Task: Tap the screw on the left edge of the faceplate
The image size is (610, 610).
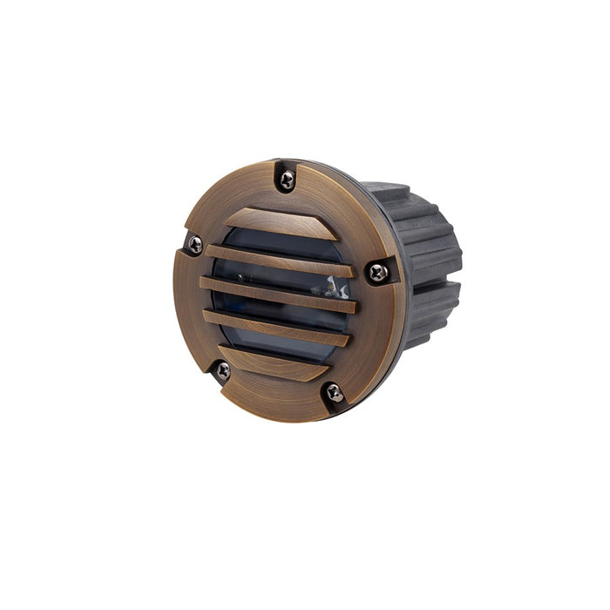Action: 195,245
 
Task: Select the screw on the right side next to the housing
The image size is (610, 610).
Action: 377,273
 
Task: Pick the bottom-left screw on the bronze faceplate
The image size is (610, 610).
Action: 224,370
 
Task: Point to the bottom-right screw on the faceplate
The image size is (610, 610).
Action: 333,392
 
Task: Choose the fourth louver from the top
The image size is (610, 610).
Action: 277,328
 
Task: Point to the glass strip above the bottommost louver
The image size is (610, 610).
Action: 279,346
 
